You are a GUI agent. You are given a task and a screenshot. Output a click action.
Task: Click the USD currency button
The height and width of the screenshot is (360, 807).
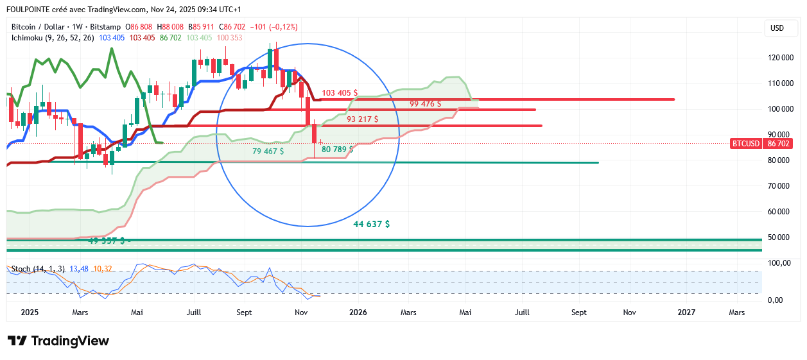tap(777, 28)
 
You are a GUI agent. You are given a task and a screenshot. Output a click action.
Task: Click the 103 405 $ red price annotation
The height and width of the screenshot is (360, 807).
tap(340, 93)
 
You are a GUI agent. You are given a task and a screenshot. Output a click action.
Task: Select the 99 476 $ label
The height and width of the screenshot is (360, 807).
tap(425, 103)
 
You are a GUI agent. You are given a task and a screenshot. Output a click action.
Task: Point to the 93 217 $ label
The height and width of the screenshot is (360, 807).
tap(362, 119)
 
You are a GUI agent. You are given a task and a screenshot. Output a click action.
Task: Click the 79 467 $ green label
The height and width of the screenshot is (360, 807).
tap(268, 151)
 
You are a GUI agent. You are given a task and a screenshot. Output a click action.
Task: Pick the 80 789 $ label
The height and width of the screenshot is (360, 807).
tap(337, 149)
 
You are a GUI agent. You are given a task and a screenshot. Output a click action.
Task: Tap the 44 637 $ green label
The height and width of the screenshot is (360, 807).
tap(371, 225)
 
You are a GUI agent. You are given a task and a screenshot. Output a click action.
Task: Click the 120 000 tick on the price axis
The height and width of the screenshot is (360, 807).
tap(779, 58)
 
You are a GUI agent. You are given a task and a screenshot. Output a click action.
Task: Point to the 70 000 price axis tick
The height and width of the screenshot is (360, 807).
tap(779, 186)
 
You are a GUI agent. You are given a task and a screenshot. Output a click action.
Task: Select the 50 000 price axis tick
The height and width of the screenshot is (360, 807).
tap(779, 237)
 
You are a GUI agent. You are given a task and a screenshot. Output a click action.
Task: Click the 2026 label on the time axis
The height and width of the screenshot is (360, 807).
tap(358, 313)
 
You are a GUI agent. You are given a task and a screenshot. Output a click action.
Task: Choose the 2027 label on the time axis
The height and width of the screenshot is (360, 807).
tap(686, 313)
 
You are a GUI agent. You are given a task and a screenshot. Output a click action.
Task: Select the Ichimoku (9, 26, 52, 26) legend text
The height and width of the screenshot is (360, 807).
tap(53, 38)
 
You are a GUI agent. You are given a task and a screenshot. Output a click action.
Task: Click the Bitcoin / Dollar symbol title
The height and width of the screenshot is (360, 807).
tap(39, 27)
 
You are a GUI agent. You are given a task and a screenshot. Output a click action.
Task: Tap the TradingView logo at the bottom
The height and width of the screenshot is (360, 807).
tap(58, 341)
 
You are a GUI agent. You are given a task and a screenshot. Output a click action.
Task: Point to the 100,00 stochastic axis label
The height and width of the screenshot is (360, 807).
tap(779, 264)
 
